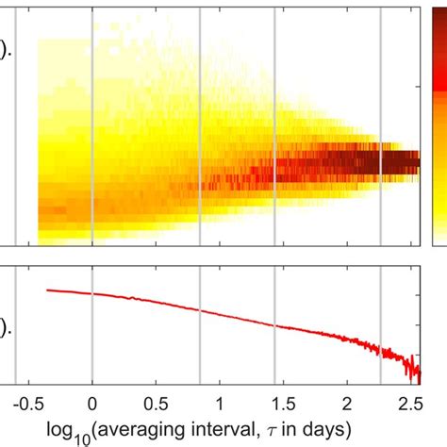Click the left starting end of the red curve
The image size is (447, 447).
point(46,290)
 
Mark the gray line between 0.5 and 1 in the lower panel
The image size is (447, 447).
point(200,325)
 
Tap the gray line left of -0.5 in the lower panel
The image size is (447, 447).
point(16,325)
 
